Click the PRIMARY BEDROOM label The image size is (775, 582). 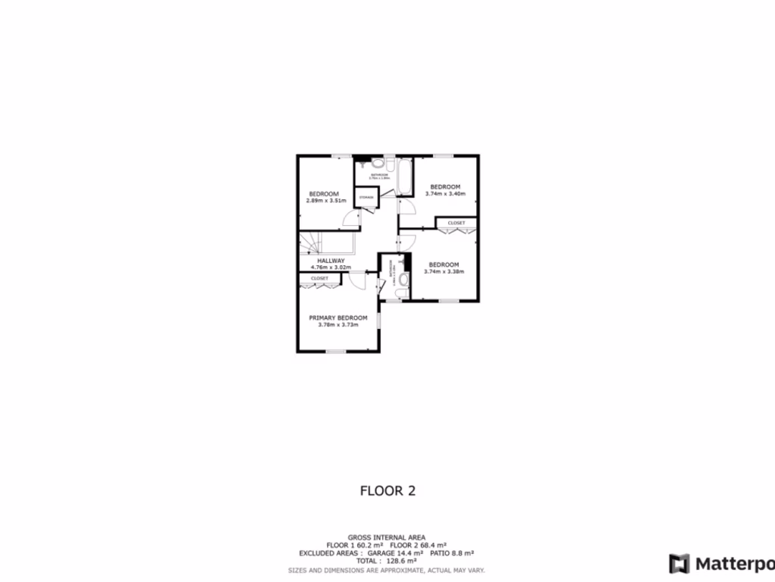click(338, 318)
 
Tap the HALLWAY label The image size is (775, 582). click(331, 260)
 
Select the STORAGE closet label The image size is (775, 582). click(366, 198)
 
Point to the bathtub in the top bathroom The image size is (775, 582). click(404, 177)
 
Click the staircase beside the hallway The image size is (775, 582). click(311, 243)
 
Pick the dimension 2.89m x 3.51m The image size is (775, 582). click(326, 201)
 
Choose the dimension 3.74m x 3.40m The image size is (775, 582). click(445, 194)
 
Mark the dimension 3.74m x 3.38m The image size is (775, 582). click(444, 271)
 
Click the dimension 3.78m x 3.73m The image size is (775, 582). click(338, 325)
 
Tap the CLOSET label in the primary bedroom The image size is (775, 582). click(319, 279)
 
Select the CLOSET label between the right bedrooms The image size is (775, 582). click(456, 223)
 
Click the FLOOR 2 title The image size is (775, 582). click(387, 490)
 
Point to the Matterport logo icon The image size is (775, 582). click(680, 564)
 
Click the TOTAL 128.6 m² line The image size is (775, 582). click(386, 561)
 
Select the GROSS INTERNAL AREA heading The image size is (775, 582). click(386, 537)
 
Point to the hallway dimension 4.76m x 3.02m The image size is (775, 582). click(331, 268)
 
